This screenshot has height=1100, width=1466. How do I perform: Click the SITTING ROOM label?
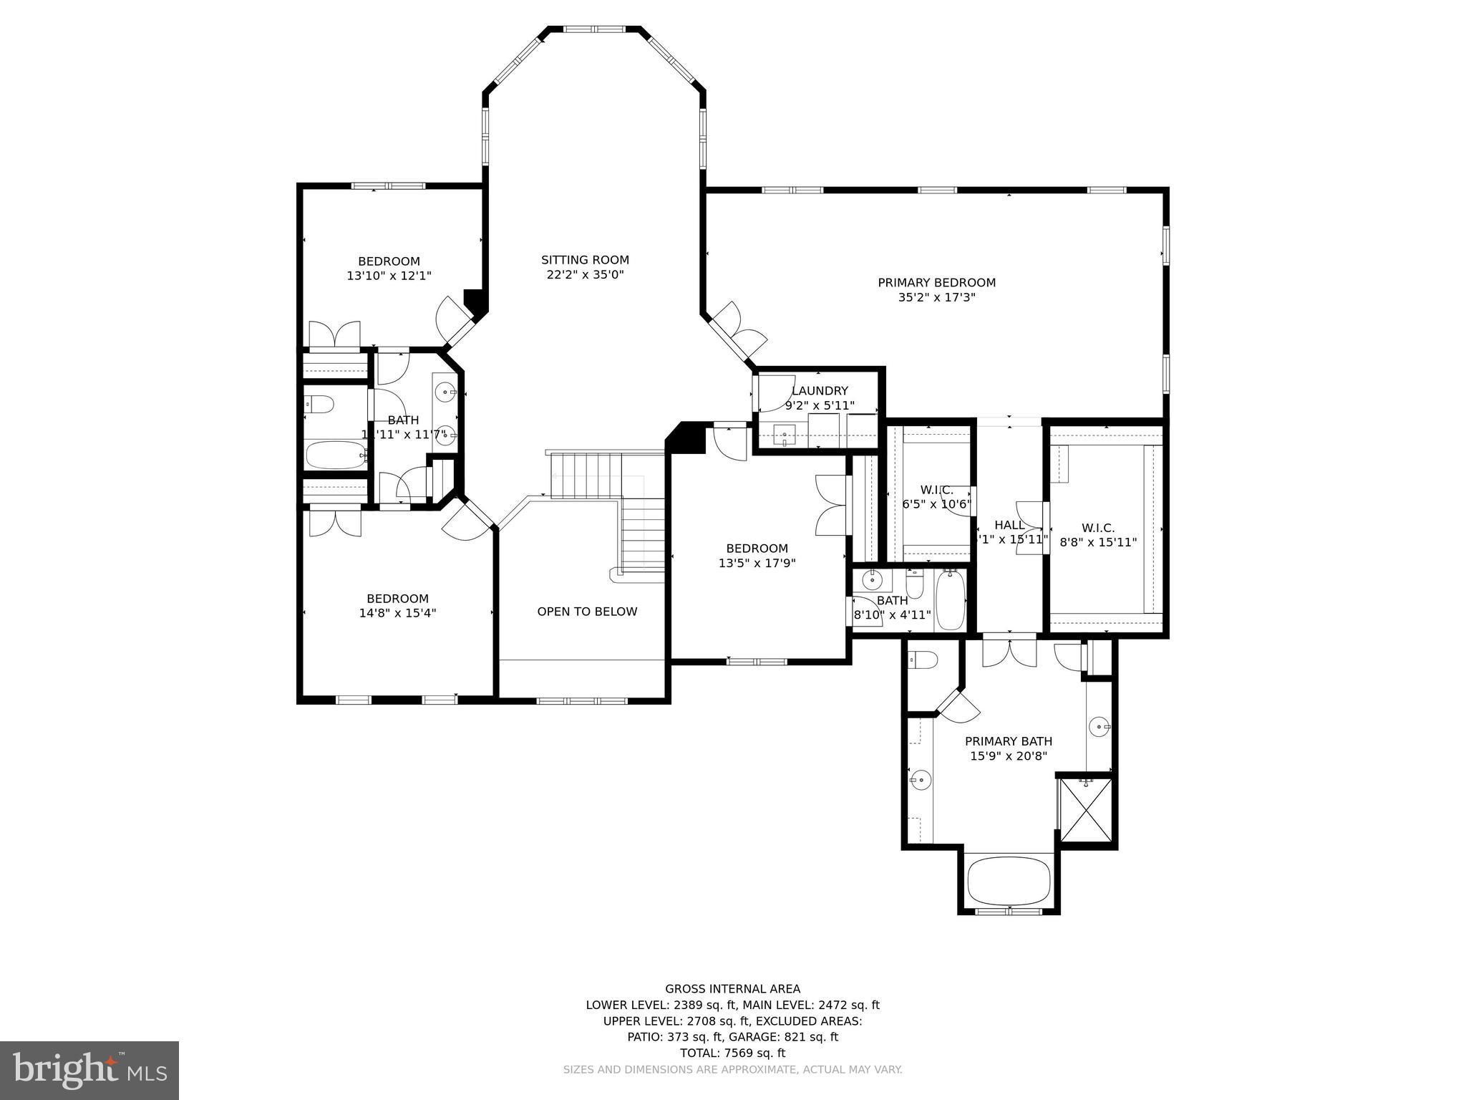coord(585,260)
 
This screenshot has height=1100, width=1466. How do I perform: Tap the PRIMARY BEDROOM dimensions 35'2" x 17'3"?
coord(936,297)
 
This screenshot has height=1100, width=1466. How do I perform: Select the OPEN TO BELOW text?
coord(587,612)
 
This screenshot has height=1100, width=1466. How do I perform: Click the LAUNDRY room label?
coord(820,391)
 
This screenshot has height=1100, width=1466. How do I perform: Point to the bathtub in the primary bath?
coord(1009,882)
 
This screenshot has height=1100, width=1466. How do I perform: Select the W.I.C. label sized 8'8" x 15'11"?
coord(1098,529)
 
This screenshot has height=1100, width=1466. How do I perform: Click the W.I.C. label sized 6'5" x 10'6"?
coord(936,490)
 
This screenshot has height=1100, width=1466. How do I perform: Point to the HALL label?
coord(1009,525)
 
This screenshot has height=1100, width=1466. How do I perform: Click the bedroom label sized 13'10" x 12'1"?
coord(389,261)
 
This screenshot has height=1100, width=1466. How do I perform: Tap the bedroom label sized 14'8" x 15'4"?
coord(397,599)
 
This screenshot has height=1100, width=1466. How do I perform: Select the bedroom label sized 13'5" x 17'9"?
coord(757,549)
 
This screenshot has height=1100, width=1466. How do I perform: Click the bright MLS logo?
coord(89,1070)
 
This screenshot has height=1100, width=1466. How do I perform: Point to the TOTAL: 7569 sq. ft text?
coord(732,1053)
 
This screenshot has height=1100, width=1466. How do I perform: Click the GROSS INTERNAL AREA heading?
coord(732,989)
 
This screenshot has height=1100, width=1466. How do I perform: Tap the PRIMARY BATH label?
coord(1008,741)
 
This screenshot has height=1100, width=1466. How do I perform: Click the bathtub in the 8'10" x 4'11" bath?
coord(951,600)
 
